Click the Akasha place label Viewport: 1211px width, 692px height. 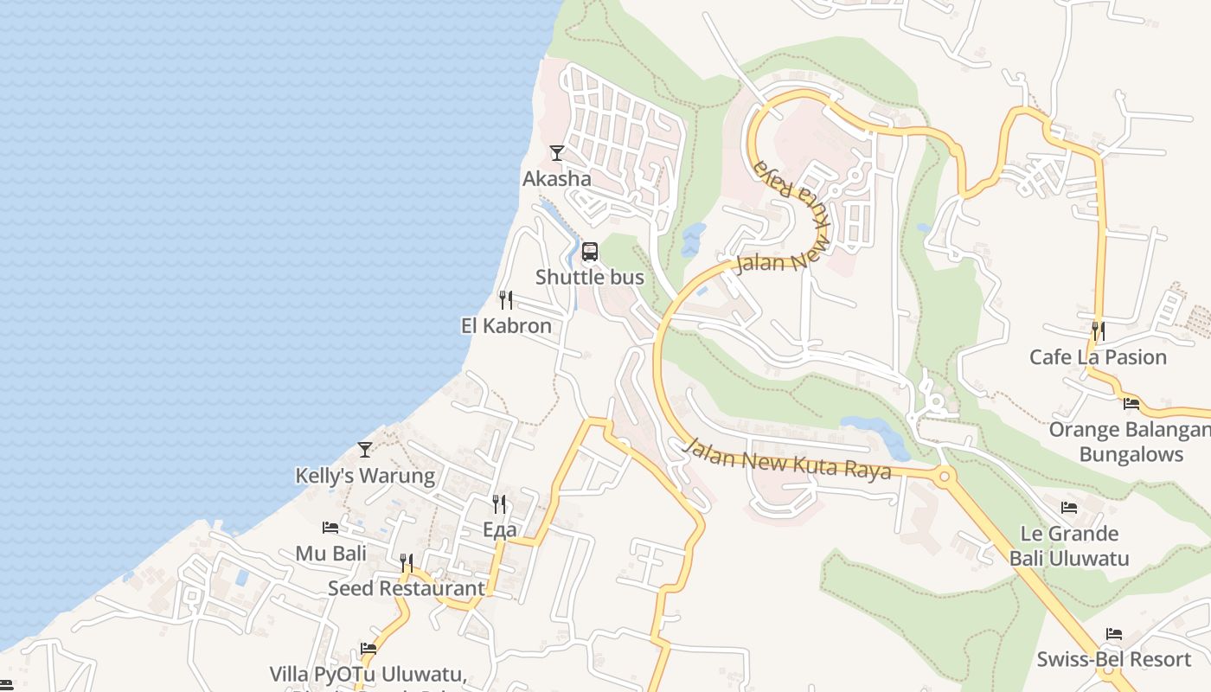coord(556,179)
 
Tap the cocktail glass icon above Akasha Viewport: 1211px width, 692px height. coord(557,153)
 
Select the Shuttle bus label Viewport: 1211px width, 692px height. coord(589,277)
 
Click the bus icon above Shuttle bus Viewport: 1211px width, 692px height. coord(590,252)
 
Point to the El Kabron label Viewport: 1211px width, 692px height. coord(506,326)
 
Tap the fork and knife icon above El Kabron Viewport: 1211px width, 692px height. coord(506,300)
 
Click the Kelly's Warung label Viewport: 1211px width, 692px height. coord(365,476)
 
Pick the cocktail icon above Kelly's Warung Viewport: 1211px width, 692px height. coord(365,450)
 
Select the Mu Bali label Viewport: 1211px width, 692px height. coord(330,554)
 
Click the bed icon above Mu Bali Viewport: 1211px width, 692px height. coord(330,528)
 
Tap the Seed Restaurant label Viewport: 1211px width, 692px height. coord(407,588)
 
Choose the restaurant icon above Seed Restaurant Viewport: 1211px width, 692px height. coord(407,563)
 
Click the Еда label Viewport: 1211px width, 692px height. coord(499,530)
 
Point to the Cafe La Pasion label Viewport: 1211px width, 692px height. coord(1098,357)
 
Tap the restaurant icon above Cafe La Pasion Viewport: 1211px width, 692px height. coord(1098,330)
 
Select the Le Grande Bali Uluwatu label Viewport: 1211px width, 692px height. coord(1069,546)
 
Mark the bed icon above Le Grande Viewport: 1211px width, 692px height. coord(1069,508)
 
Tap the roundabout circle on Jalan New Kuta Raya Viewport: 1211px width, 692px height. coord(944,476)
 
